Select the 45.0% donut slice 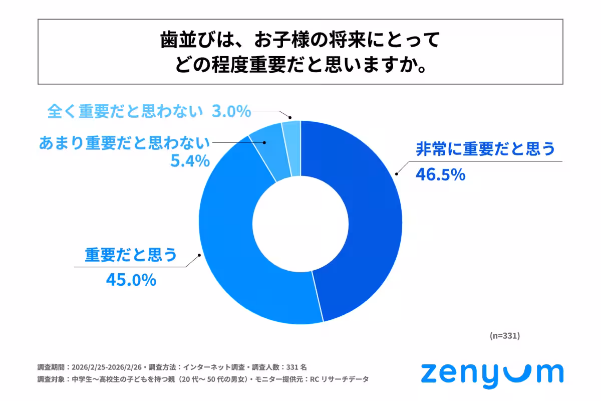[235, 261]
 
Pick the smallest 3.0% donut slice [292, 148]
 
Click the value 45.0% [131, 279]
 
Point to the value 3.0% [231, 111]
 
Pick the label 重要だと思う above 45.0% [131, 255]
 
